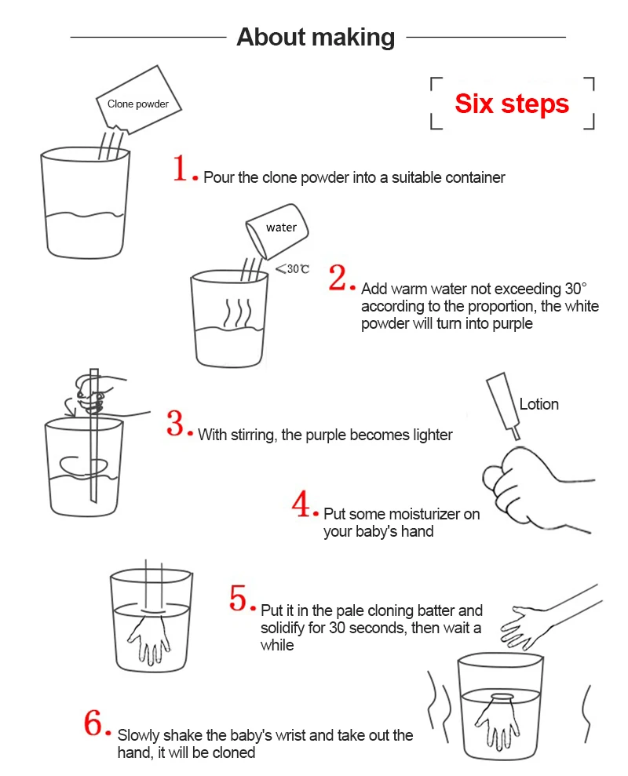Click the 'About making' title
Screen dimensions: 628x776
pyautogui.click(x=316, y=37)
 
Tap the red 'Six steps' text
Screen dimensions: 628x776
pyautogui.click(x=512, y=104)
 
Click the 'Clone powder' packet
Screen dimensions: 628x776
pyautogui.click(x=139, y=100)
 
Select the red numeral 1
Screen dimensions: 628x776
pyautogui.click(x=180, y=168)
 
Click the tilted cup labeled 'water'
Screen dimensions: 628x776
pyautogui.click(x=277, y=231)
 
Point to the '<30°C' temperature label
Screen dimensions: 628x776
pyautogui.click(x=292, y=268)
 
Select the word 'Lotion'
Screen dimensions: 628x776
pyautogui.click(x=539, y=404)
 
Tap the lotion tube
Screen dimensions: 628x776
pyautogui.click(x=504, y=405)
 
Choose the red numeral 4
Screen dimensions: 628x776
pyautogui.click(x=301, y=504)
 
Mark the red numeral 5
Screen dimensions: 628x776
pyautogui.click(x=238, y=597)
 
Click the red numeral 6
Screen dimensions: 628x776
pyautogui.click(x=93, y=723)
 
